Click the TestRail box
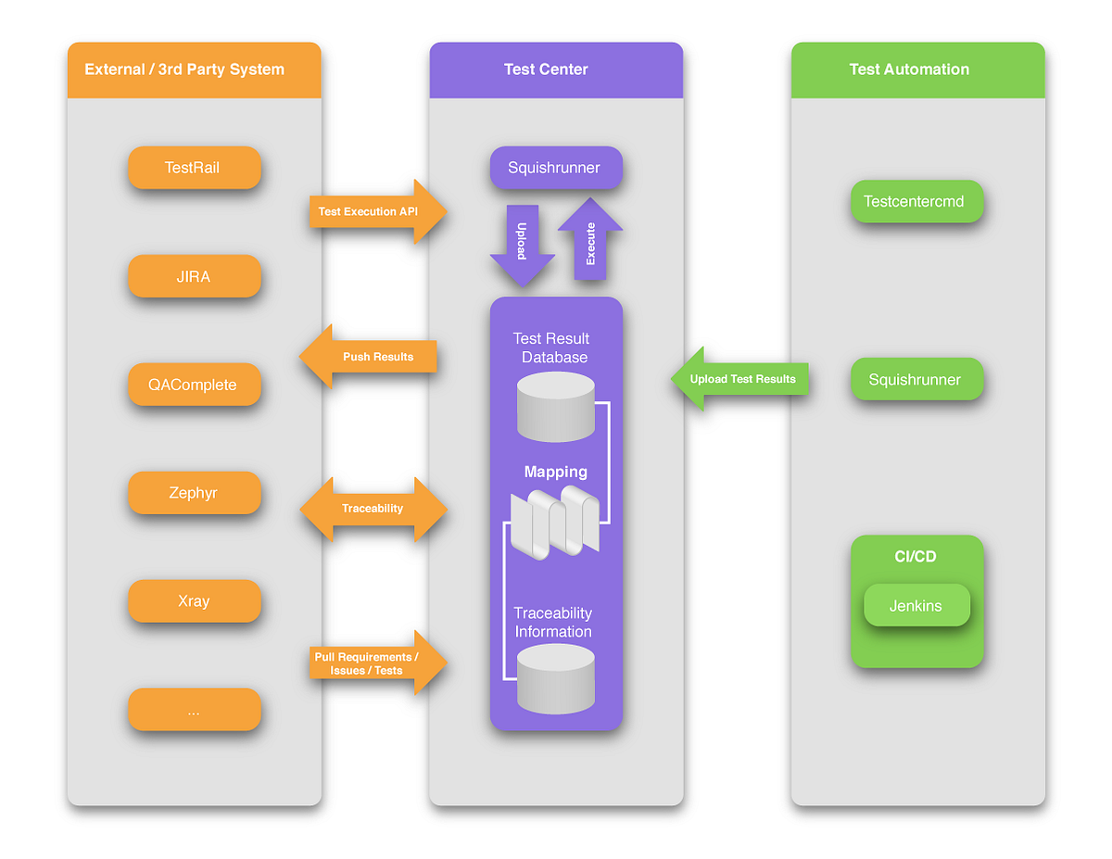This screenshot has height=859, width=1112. (x=194, y=168)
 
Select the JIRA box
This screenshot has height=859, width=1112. (x=194, y=276)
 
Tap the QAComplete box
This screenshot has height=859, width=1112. (x=194, y=385)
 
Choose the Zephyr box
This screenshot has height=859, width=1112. (x=194, y=493)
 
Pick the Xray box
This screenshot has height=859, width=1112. (x=194, y=600)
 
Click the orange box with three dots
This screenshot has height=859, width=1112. (x=194, y=710)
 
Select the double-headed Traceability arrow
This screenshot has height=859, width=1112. (x=373, y=508)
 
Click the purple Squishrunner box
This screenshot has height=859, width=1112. (x=555, y=168)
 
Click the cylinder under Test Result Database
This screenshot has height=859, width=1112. (x=555, y=408)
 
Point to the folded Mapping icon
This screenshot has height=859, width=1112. (x=555, y=524)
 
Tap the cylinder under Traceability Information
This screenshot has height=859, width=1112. (x=555, y=679)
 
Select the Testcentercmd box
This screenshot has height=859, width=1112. (x=916, y=201)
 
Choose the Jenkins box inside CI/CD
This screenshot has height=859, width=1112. (x=916, y=605)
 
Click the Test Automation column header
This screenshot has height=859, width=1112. (x=917, y=69)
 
